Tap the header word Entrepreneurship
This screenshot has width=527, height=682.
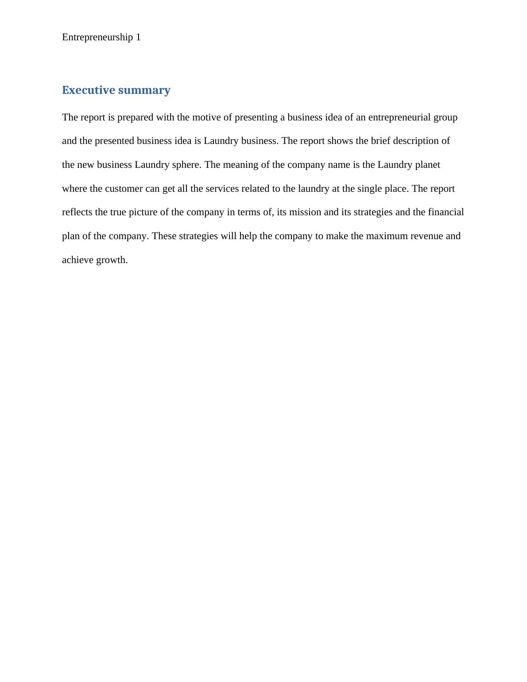97,37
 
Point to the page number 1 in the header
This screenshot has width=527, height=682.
139,37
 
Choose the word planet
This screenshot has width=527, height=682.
427,165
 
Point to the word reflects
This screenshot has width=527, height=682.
77,212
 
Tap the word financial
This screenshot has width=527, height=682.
446,212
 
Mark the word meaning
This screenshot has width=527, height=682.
241,165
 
